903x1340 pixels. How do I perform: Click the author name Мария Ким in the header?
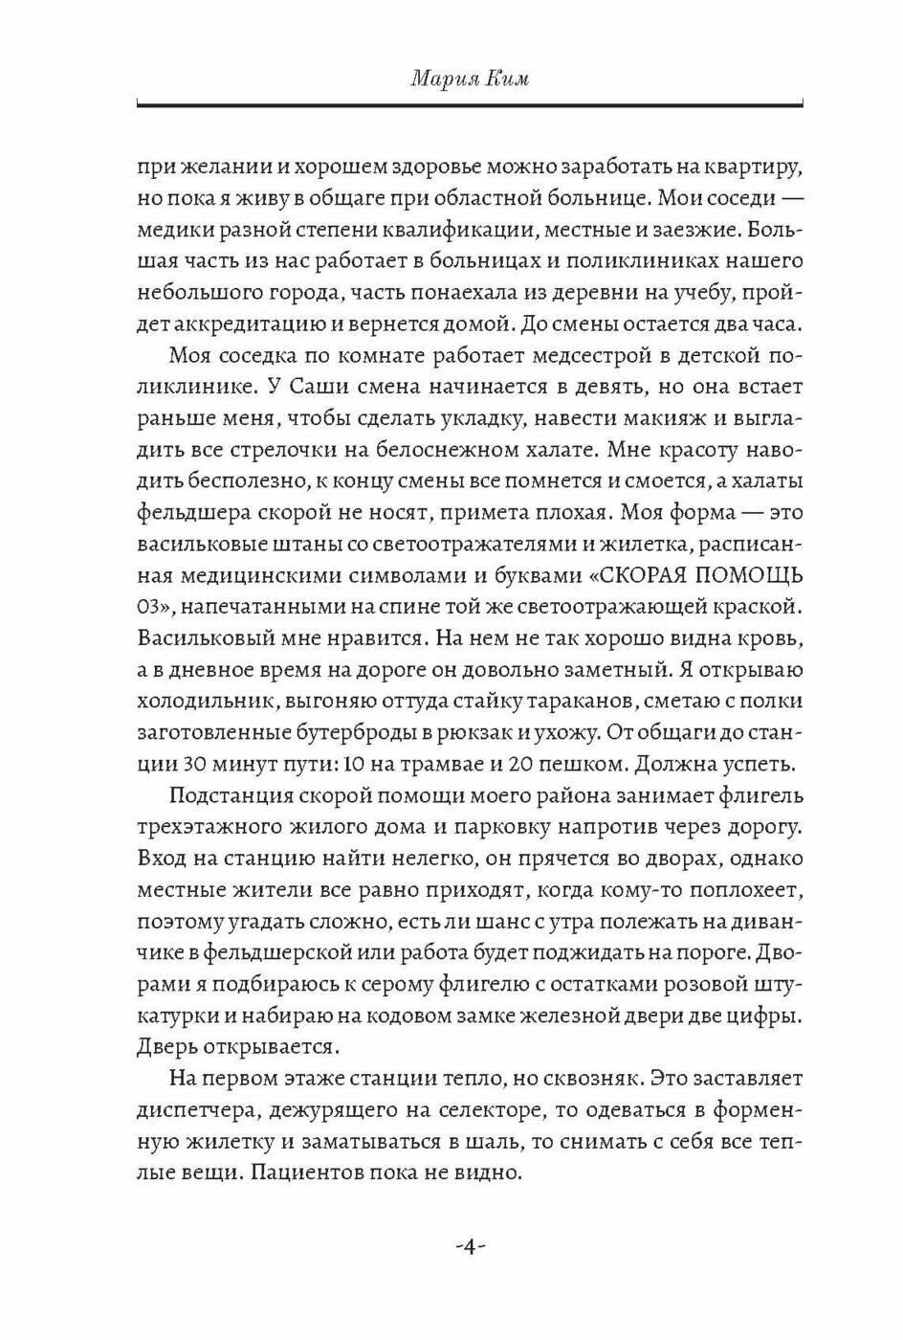(x=470, y=78)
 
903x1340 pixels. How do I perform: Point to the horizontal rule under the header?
(x=470, y=102)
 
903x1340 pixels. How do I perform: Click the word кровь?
(x=773, y=638)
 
